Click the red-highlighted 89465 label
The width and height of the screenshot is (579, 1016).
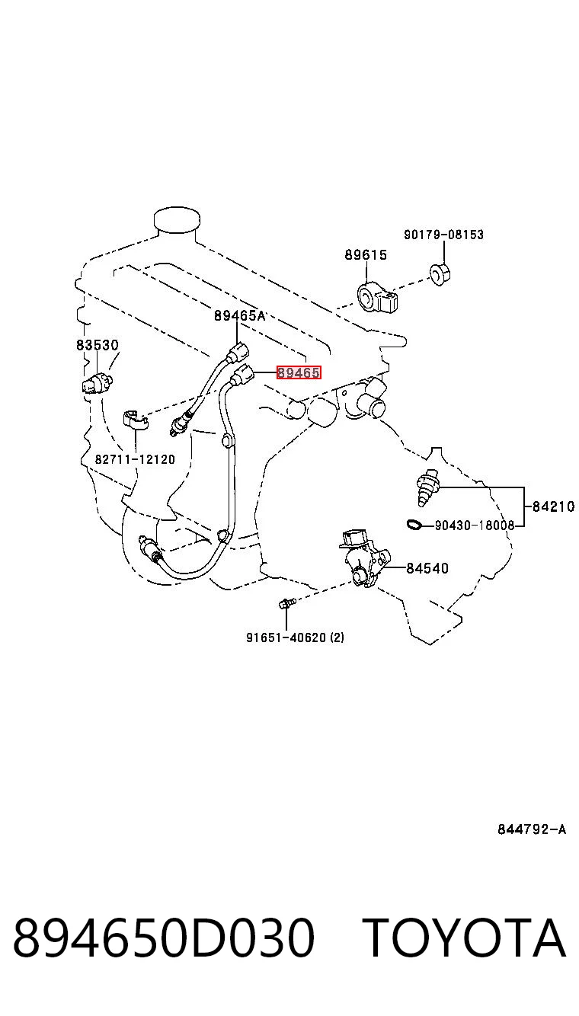point(299,373)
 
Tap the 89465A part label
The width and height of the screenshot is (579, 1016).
point(239,315)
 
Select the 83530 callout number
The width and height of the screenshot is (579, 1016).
point(97,345)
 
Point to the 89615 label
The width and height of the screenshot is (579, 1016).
point(366,254)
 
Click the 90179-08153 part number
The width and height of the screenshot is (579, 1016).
point(444,235)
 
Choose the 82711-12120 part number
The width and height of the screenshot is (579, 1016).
point(135,459)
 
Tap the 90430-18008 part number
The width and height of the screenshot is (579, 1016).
point(475,526)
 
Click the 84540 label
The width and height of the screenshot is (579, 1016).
point(427,568)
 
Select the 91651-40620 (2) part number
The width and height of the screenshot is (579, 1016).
point(295,637)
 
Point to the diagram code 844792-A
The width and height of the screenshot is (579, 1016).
point(532,829)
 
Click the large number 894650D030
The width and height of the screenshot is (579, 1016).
point(164,938)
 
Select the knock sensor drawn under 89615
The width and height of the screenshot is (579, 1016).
point(377,298)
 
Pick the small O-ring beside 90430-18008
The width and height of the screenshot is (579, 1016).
point(414,526)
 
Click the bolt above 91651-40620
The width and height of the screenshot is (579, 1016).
point(286,603)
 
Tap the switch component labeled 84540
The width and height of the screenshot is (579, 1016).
point(364,557)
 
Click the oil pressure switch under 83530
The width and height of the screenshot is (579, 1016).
point(97,383)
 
